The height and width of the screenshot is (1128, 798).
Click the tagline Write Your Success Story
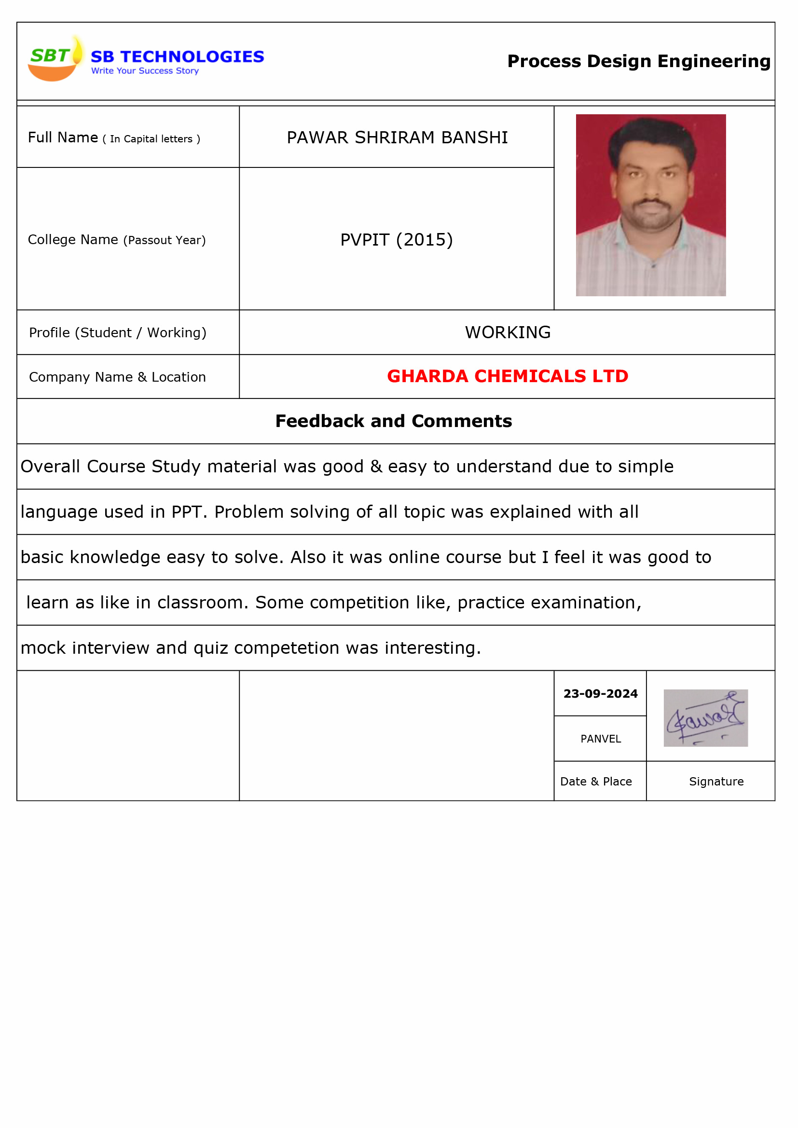(145, 71)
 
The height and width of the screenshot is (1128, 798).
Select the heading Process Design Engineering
(638, 61)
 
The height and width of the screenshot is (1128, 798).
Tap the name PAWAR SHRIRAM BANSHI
(397, 138)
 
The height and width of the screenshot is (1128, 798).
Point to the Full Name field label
(113, 138)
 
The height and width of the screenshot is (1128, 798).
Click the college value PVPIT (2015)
(396, 240)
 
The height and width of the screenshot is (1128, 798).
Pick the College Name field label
(116, 240)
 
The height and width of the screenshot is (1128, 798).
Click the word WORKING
(508, 332)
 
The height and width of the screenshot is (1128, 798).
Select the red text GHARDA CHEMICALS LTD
(507, 376)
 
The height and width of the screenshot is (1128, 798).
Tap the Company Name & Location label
(117, 377)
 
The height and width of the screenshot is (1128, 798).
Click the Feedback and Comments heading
(393, 421)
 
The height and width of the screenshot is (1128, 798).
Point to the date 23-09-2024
(600, 694)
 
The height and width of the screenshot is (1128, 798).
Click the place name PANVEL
(601, 739)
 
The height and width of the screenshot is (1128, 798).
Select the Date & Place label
(595, 782)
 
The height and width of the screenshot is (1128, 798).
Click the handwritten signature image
(705, 718)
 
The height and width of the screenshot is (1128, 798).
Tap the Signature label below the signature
(716, 782)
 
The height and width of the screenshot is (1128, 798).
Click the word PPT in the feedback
(186, 512)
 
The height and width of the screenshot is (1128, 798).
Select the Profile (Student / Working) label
(117, 333)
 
